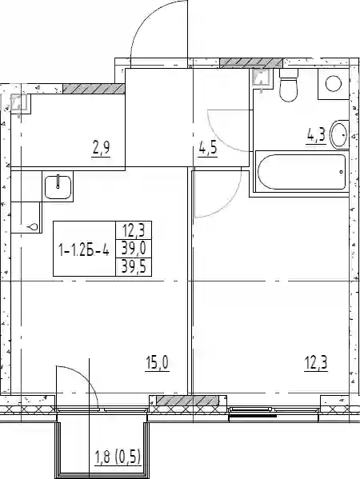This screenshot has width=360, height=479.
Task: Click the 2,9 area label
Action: (x=101, y=149)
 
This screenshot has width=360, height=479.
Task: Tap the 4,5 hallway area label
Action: (x=207, y=149)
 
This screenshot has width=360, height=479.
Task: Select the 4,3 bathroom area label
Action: (x=316, y=136)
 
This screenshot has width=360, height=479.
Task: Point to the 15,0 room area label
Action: (x=157, y=363)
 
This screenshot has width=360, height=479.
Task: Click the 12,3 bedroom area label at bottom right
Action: (x=316, y=364)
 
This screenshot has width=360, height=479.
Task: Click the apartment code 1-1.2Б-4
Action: (x=84, y=251)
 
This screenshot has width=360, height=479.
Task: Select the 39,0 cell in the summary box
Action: (x=134, y=249)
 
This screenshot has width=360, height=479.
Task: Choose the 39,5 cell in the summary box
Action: (x=134, y=267)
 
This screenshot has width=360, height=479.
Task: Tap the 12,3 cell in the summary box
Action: (x=134, y=230)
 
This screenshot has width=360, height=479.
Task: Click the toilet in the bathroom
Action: (x=289, y=86)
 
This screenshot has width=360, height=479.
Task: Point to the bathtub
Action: (x=302, y=172)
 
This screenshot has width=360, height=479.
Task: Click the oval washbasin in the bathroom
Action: (x=339, y=134)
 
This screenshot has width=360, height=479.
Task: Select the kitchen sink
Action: (x=58, y=186)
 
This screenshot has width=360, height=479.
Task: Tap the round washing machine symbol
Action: (x=334, y=84)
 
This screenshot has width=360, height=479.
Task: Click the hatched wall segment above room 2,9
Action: (x=94, y=89)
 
